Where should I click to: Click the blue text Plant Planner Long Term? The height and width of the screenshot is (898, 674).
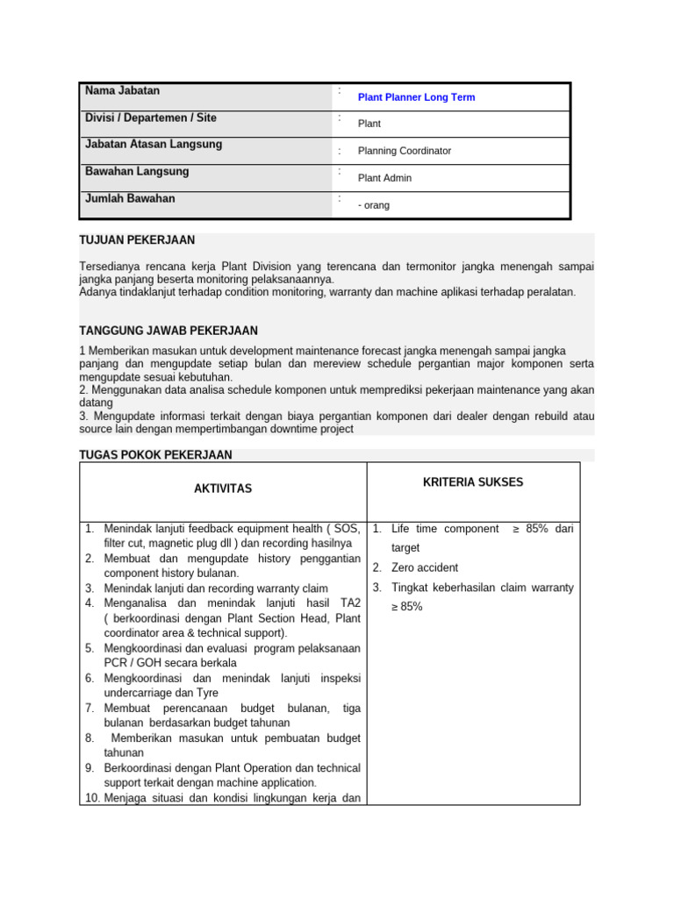click(416, 97)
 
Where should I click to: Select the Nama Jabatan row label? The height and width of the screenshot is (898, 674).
click(122, 90)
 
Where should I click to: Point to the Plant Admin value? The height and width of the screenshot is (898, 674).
click(384, 178)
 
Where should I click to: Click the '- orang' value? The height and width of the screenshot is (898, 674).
click(374, 205)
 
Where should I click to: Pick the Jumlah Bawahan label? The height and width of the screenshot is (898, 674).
click(130, 198)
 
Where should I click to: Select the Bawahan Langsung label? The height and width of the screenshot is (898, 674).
click(136, 171)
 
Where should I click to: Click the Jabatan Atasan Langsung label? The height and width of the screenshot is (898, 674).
click(154, 144)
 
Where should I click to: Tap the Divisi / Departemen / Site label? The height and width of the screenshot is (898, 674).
click(150, 118)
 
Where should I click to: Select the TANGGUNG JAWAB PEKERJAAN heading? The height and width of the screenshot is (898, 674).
click(168, 331)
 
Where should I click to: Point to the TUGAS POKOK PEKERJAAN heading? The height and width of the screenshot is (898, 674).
click(155, 454)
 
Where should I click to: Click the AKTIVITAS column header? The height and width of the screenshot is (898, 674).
click(223, 488)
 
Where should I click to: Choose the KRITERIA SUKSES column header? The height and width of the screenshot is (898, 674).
click(473, 482)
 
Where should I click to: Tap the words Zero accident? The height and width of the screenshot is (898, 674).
click(425, 567)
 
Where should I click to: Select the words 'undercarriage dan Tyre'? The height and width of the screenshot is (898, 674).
click(161, 693)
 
